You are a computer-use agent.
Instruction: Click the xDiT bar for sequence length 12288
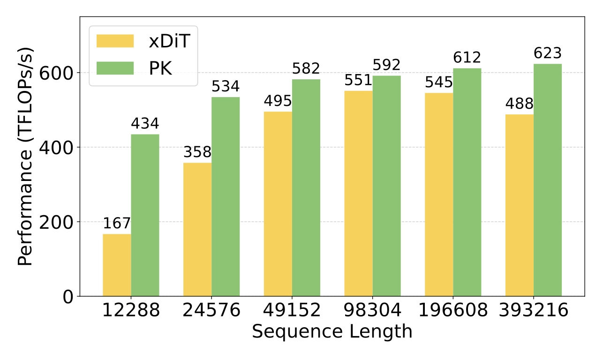click(x=117, y=265)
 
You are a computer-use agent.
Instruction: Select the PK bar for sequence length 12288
click(x=145, y=215)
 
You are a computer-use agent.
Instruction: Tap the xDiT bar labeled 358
click(x=197, y=229)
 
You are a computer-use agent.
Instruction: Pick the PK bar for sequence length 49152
click(x=306, y=187)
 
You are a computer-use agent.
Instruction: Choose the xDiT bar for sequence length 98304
click(x=359, y=193)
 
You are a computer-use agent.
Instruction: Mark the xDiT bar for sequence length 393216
click(x=520, y=205)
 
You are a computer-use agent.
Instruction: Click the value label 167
click(x=117, y=224)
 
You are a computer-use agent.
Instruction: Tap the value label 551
click(x=359, y=81)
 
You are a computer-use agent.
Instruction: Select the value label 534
click(x=226, y=87)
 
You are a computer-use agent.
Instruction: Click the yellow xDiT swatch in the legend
click(x=115, y=41)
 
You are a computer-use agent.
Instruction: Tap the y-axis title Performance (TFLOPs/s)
click(x=26, y=156)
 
